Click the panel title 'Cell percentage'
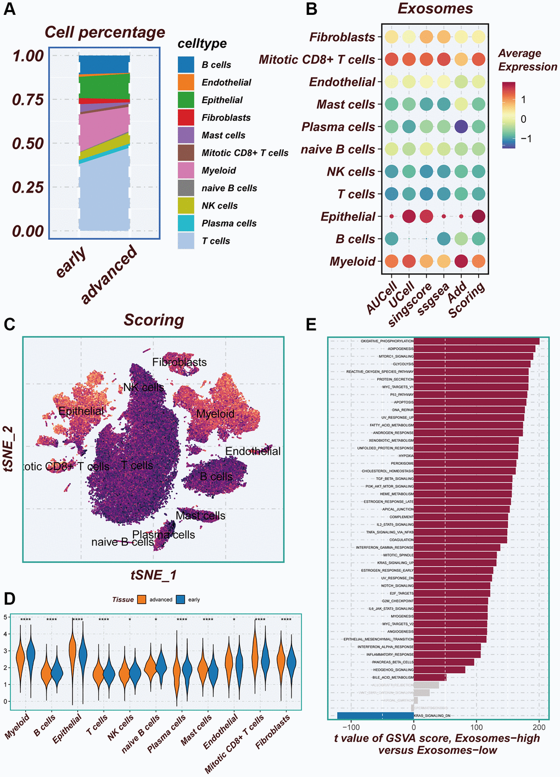tap(104, 32)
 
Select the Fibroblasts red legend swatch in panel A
tap(186, 117)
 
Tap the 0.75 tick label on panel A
tap(28, 99)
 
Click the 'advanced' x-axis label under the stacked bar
tap(109, 274)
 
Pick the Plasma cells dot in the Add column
tap(461, 127)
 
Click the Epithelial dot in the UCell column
tap(408, 216)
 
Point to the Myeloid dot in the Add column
tap(461, 261)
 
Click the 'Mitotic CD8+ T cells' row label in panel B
tap(317, 59)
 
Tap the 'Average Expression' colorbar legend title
tap(527, 60)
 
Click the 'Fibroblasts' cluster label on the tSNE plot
tap(180, 362)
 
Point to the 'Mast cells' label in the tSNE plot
tap(200, 516)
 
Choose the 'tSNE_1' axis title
tap(153, 575)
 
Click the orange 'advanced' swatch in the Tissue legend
tap(142, 600)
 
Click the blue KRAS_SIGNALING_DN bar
tap(375, 716)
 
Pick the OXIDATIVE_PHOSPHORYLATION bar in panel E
tap(477, 341)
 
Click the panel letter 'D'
tap(9, 598)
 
